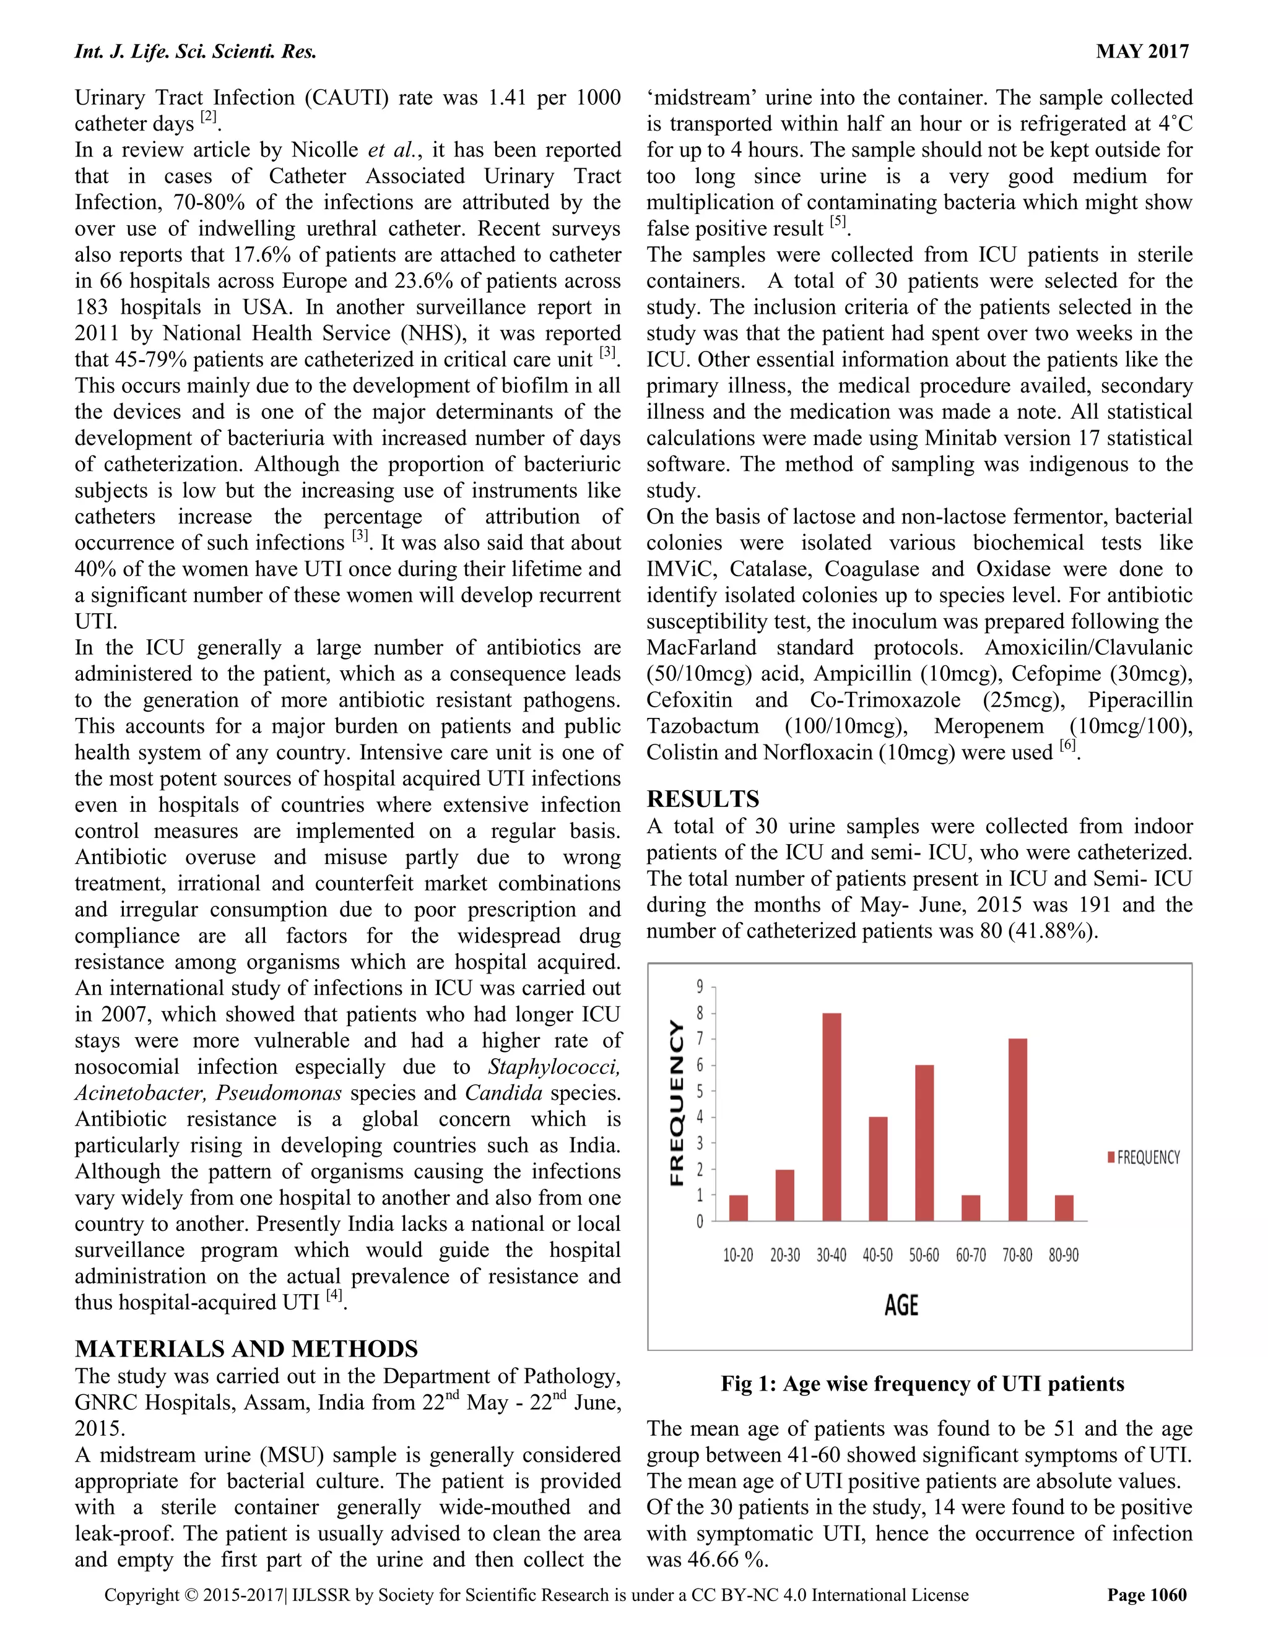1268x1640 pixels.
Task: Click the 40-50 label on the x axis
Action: tap(877, 1256)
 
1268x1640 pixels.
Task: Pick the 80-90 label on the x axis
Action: tap(1063, 1256)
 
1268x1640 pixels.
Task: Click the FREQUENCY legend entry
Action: tap(1144, 1157)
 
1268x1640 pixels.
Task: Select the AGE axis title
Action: tap(901, 1305)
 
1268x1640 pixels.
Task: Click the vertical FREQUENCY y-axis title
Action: tap(677, 1103)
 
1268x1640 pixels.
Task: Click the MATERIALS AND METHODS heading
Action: tap(246, 1349)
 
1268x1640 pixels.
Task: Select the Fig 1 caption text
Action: tap(922, 1384)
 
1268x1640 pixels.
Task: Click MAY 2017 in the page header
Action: tap(1142, 51)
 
